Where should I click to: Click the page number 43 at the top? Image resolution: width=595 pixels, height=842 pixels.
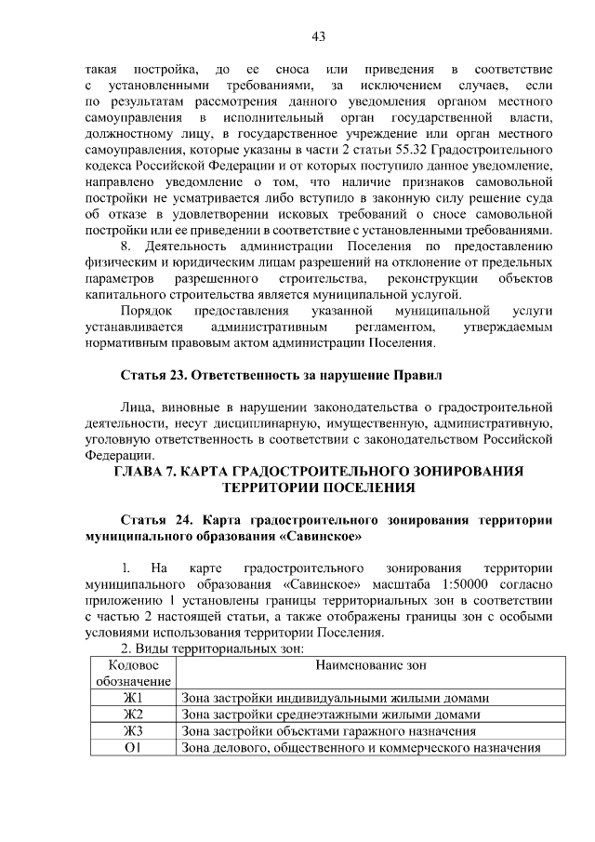pos(319,36)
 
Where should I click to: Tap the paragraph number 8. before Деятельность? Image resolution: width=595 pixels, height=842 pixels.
pos(128,246)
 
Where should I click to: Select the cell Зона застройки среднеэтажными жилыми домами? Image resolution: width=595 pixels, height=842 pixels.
pos(331,715)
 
